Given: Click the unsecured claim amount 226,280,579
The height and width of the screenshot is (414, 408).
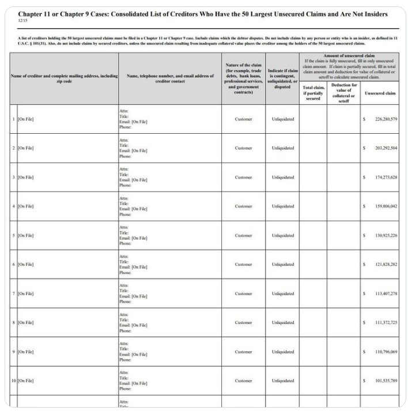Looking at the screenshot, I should tap(386, 119).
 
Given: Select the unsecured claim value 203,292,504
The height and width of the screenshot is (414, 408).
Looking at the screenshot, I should tap(386, 148).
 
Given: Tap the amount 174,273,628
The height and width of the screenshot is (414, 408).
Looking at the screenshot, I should tap(386, 177).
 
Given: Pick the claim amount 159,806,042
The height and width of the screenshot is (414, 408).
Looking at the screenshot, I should tap(386, 206).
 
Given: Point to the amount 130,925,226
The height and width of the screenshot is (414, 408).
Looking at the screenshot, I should tap(386, 235).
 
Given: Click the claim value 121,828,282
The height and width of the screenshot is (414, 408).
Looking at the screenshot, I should tap(386, 265).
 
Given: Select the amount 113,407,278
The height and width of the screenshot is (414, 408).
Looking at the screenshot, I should tap(386, 293).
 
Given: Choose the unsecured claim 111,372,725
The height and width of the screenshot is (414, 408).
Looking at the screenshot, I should tap(386, 323).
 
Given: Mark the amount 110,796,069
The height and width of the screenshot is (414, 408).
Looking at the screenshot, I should tap(386, 352).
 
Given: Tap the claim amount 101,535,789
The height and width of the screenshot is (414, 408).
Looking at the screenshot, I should tap(386, 381).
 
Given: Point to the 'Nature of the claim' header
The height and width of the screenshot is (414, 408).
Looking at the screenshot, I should tap(243, 65).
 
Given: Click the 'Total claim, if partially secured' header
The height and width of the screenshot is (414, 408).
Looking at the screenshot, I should tap(313, 93).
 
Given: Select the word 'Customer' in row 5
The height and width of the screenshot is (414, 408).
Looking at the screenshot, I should tap(243, 235).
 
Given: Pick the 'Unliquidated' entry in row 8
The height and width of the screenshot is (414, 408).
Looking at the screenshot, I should tap(282, 323).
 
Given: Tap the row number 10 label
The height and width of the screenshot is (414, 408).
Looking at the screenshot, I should tap(14, 381).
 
